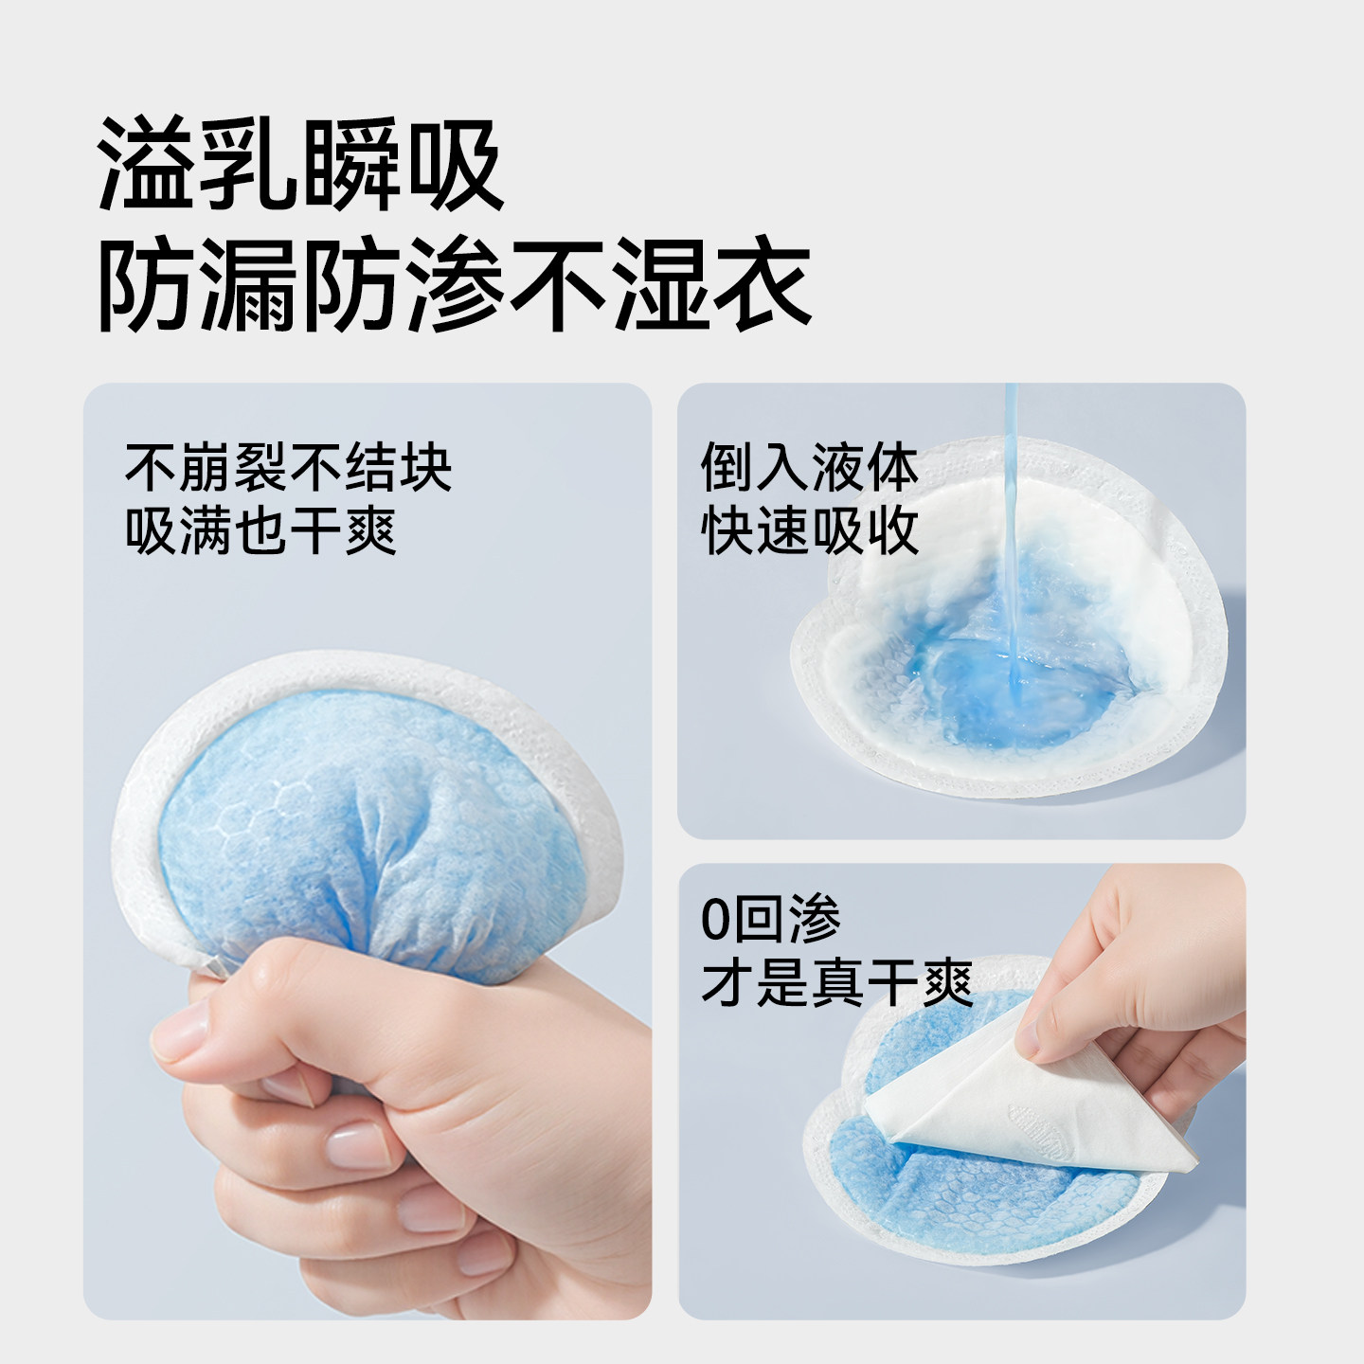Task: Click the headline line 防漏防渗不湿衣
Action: coord(455,285)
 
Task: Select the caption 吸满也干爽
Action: coord(261,530)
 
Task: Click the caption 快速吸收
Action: coord(810,530)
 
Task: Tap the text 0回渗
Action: coord(770,918)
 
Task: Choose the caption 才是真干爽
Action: coord(837,982)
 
